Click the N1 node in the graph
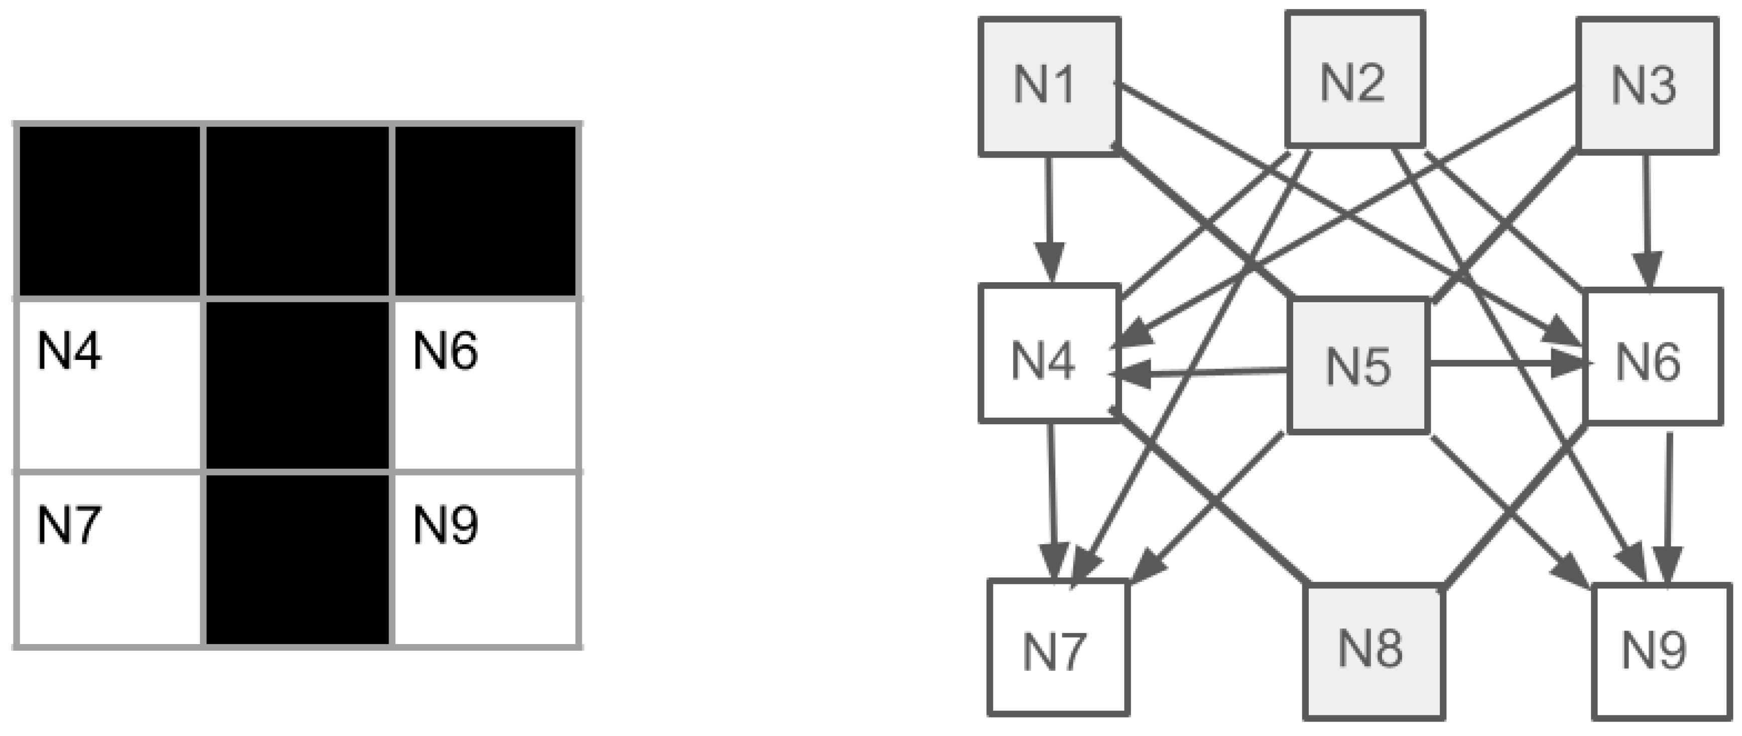[x=1049, y=86]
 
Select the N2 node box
[x=1355, y=79]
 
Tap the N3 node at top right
[x=1647, y=86]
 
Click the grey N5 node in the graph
[x=1358, y=366]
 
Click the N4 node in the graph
[x=1048, y=353]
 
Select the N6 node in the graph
[x=1652, y=357]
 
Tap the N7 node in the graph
[x=1058, y=648]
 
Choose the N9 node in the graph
[x=1660, y=651]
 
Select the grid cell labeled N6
[x=485, y=384]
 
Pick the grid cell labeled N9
[x=485, y=559]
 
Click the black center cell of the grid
[x=298, y=384]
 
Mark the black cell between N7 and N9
[x=298, y=559]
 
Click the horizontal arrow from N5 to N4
[x=1204, y=372]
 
